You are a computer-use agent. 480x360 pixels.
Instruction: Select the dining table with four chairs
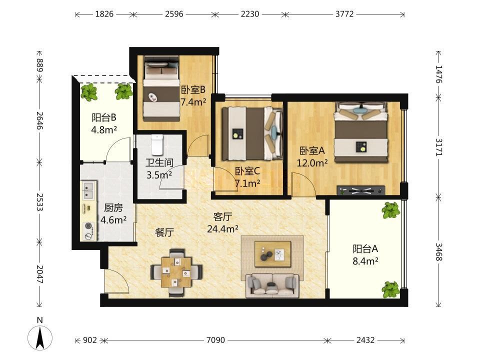point(176,272)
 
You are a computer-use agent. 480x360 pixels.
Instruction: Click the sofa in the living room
point(272,285)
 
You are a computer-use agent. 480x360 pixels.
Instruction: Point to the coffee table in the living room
point(273,251)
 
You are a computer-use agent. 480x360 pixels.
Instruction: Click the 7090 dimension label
point(215,340)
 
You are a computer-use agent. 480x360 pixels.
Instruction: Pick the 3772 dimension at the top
point(344,14)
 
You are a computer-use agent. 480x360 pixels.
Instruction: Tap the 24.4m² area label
point(223,228)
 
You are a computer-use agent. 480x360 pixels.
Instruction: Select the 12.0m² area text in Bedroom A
point(312,163)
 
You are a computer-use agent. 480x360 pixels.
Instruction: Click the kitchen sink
point(89,190)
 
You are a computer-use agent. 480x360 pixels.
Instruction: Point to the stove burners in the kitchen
point(89,231)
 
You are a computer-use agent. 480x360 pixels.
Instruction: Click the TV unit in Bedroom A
point(361,190)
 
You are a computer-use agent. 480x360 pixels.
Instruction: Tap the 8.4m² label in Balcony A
point(365,261)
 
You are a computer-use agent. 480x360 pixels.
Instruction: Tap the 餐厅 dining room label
point(164,232)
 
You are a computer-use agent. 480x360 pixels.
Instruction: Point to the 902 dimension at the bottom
point(90,340)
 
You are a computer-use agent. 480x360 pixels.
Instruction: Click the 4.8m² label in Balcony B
point(104,130)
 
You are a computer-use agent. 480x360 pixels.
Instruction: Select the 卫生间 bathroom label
point(159,162)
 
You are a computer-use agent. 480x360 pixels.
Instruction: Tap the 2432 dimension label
point(365,340)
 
